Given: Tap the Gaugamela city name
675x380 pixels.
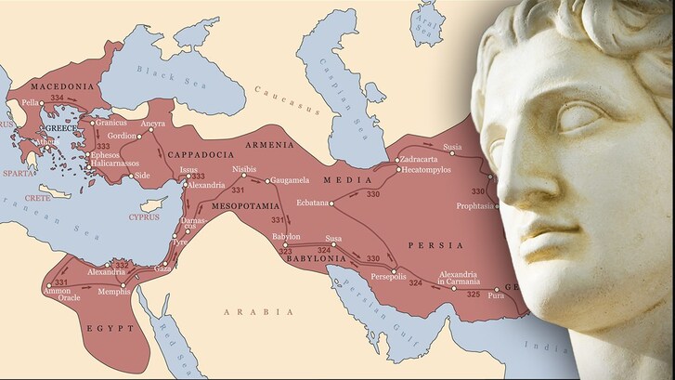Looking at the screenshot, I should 293,180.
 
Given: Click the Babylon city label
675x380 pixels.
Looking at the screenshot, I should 285,236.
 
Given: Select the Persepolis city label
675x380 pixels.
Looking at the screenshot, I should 388,277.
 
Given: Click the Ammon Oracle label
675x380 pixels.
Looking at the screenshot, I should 57,295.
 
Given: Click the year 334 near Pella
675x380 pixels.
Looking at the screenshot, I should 58,97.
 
